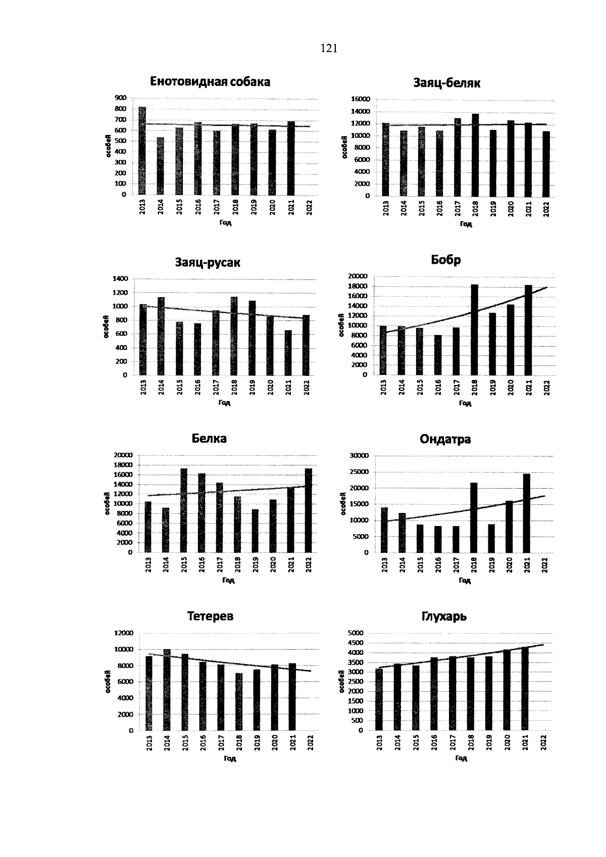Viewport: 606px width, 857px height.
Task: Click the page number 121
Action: (x=329, y=49)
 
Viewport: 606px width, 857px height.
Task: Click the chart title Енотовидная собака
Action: (x=210, y=82)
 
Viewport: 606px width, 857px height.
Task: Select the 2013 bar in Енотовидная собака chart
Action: (x=142, y=151)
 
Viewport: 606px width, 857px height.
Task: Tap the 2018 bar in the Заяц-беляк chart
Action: (x=475, y=155)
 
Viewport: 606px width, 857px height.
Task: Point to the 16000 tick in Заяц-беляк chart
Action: (x=362, y=100)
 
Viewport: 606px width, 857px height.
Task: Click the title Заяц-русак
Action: (x=208, y=263)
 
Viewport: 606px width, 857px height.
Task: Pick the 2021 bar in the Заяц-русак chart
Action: (x=288, y=353)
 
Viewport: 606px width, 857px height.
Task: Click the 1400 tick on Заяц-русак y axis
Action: (x=120, y=278)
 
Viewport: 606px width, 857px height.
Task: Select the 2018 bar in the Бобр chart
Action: (x=475, y=329)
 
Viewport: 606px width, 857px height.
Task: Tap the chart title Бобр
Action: (x=446, y=260)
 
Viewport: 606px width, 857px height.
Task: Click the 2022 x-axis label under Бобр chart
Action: (x=547, y=388)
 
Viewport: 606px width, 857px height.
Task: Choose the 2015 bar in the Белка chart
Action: (x=184, y=510)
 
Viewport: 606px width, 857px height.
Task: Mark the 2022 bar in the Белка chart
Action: (x=309, y=510)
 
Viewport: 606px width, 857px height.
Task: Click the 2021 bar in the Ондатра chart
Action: (x=527, y=513)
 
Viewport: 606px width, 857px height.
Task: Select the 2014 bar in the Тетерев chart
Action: (x=167, y=690)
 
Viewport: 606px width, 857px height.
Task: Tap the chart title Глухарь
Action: (x=444, y=616)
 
